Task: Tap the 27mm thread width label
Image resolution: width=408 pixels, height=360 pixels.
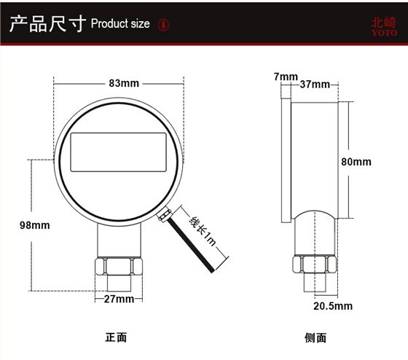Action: [x=119, y=300]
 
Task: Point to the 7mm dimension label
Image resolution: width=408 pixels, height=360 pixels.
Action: [x=286, y=77]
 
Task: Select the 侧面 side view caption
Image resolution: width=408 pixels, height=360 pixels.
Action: [x=315, y=338]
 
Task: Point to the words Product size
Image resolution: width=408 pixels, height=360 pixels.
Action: [x=120, y=24]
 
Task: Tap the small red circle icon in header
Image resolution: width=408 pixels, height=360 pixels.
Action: [x=164, y=24]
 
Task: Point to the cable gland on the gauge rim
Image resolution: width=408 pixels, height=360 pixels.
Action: [x=165, y=214]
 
